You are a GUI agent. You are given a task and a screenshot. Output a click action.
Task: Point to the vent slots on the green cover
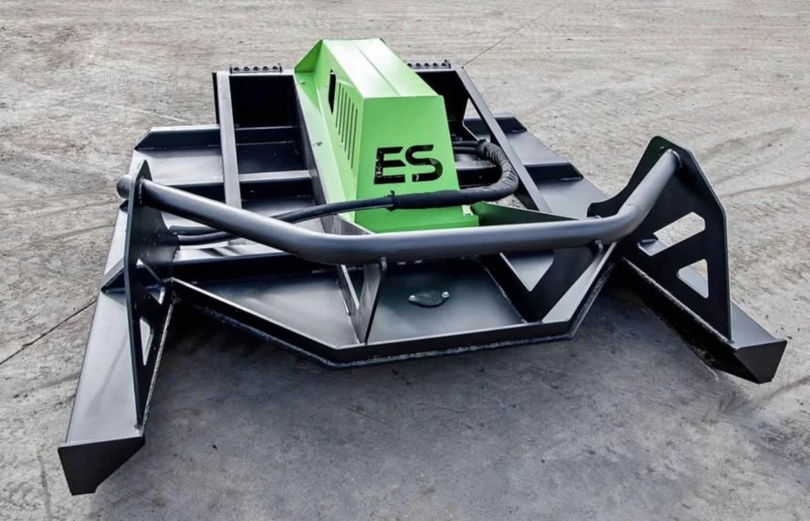tap(347, 117)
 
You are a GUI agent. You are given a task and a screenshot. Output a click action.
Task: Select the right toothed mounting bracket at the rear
tap(429, 66)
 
